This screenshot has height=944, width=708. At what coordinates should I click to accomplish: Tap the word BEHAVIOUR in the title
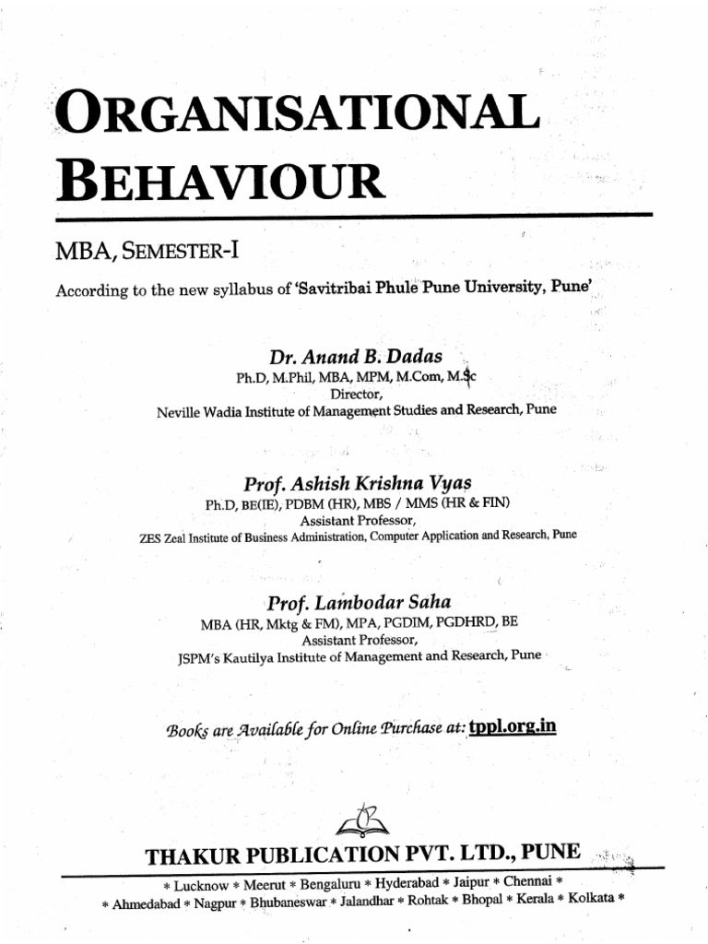220,181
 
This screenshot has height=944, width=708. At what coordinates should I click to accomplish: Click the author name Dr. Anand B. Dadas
355,357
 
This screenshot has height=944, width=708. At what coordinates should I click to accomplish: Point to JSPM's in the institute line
199,658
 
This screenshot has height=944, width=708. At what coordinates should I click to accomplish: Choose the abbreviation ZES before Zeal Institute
147,536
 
